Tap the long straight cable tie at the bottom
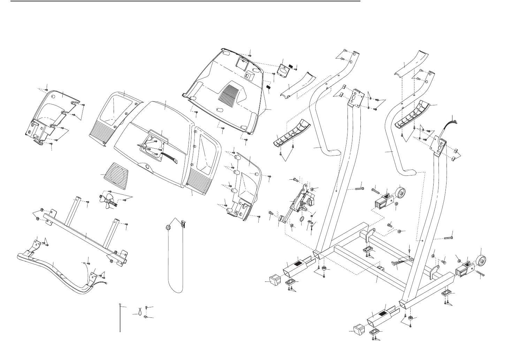(120, 318)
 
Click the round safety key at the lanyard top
(168, 227)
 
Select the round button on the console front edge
(149, 167)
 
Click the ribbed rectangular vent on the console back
(229, 92)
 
